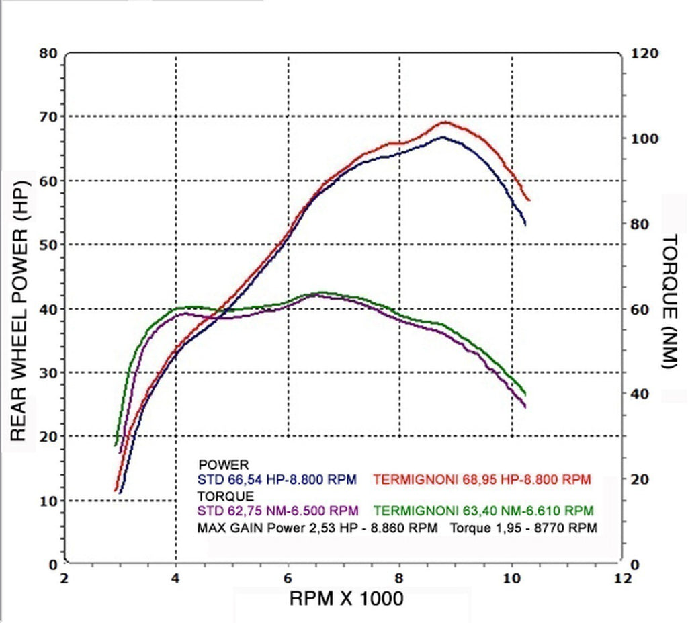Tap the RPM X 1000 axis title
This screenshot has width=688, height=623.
tap(346, 598)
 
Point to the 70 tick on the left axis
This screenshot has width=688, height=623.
tap(49, 117)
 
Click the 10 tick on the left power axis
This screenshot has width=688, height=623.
tap(49, 501)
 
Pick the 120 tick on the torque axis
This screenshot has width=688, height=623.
tap(644, 53)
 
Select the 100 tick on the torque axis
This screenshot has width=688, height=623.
tap(644, 138)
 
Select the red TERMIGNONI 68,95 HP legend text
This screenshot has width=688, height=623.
tap(482, 480)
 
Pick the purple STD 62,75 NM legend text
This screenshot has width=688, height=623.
tap(277, 511)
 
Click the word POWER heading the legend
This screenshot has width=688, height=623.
tap(224, 465)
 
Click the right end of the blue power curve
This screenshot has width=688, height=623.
tap(525, 224)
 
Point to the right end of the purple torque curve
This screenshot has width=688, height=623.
tap(525, 406)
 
